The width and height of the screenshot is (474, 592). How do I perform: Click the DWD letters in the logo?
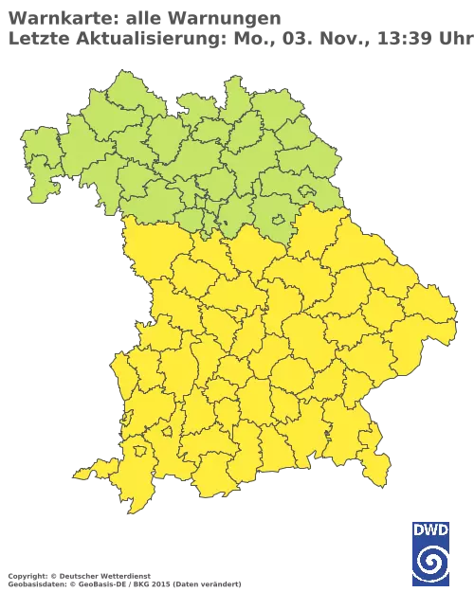point(431,530)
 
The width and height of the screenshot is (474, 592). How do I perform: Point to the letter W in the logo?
point(431,530)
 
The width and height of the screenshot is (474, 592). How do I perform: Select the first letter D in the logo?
point(420,530)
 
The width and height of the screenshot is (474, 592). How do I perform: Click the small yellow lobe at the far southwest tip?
point(83,472)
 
